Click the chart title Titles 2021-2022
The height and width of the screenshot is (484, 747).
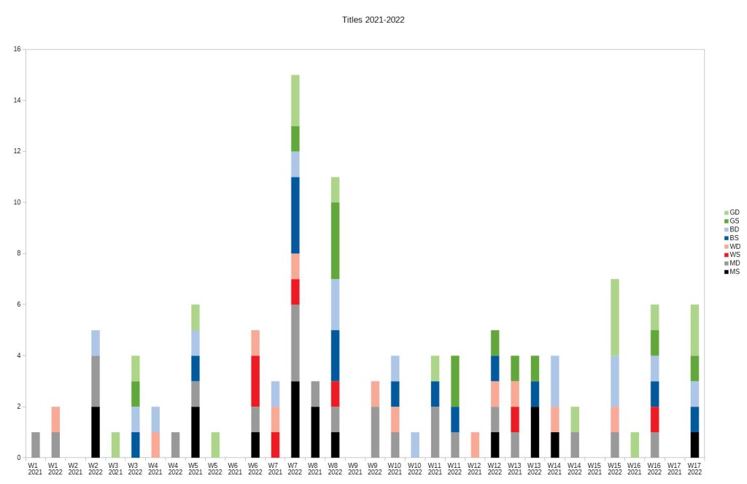coord(373,20)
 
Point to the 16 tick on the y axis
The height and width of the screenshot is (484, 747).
coord(17,50)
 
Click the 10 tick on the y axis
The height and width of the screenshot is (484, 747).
coord(17,202)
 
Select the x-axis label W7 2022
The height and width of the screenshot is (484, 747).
coord(295,468)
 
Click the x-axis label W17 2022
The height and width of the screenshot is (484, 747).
coord(694,468)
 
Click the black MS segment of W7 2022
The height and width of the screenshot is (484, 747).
coord(295,419)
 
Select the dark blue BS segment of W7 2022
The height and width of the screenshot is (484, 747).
coord(295,215)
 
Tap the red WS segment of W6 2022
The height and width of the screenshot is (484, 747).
coord(255,380)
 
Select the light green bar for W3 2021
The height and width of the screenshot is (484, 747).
coord(115,445)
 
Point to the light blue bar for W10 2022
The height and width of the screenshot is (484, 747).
coord(414,445)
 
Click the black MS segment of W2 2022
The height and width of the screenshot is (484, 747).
coord(96,431)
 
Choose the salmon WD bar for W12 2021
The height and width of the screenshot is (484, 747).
coord(474,445)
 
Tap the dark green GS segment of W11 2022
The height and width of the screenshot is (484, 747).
coord(454,380)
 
